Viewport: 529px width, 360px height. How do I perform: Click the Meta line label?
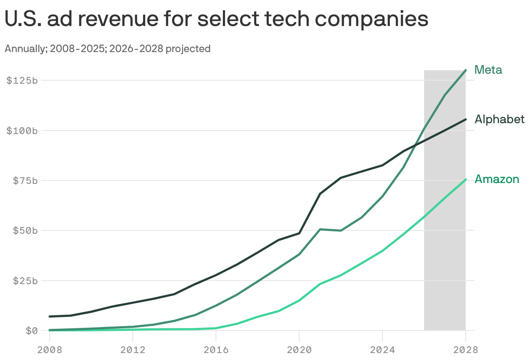click(x=488, y=70)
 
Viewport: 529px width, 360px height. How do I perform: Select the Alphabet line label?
click(x=500, y=119)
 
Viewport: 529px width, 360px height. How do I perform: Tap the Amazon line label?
click(x=497, y=179)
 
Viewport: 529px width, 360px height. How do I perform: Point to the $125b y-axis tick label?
click(x=22, y=81)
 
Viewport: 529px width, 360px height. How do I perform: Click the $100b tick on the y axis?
click(x=22, y=131)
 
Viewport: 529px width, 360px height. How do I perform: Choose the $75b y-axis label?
click(x=24, y=180)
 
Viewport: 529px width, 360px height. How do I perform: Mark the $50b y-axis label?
click(x=24, y=230)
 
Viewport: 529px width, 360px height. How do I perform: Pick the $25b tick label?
click(x=24, y=281)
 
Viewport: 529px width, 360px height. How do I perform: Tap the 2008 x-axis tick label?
click(x=49, y=350)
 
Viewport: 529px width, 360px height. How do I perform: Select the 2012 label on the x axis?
click(x=133, y=350)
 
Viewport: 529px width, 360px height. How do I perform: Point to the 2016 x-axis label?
click(x=216, y=350)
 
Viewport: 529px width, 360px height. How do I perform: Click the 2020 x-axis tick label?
click(x=299, y=350)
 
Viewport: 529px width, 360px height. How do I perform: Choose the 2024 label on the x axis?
click(x=382, y=350)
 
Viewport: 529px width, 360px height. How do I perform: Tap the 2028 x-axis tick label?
click(x=466, y=350)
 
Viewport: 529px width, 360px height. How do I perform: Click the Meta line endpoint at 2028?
click(x=466, y=70)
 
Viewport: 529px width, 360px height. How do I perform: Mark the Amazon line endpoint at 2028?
click(x=466, y=180)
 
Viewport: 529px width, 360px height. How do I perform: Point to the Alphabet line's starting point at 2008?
click(x=49, y=317)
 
